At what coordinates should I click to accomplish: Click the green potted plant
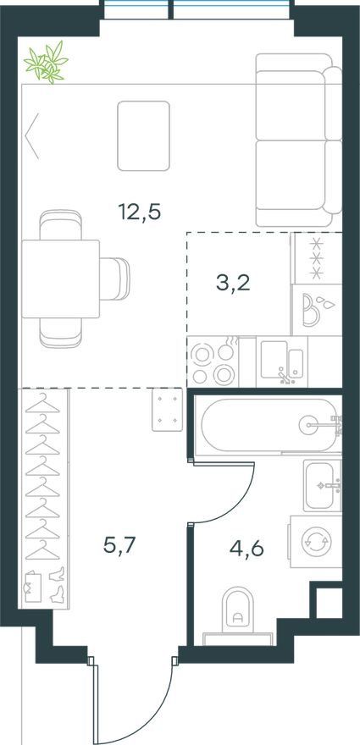pos(47,63)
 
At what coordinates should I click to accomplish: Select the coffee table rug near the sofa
pos(144,135)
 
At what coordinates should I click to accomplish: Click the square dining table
pos(61,279)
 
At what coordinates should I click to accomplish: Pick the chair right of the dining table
pos(114,279)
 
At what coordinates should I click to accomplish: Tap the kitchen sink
pos(282,361)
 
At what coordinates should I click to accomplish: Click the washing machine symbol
pos(316,542)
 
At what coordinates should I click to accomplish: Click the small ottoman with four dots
pos(168,410)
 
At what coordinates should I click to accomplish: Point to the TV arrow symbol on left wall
pos(31,136)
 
